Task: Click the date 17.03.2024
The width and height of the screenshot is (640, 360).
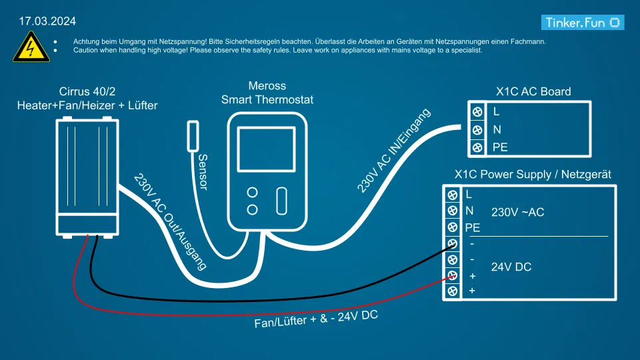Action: click(47, 21)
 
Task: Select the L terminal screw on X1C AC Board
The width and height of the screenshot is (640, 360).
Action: click(477, 111)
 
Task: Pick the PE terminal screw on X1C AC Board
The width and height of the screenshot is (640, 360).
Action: click(477, 147)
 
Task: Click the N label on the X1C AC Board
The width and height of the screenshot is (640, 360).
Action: click(497, 130)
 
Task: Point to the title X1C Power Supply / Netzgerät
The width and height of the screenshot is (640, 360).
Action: click(533, 175)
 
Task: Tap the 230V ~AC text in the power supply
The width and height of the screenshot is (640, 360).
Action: click(518, 213)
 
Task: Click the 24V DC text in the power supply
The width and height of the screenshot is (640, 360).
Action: click(511, 267)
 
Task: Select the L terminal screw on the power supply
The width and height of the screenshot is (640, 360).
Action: click(453, 195)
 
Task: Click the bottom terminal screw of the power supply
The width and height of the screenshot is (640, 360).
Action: click(453, 291)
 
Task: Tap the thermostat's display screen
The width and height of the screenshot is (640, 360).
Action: click(266, 149)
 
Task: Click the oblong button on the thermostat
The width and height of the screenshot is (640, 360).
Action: click(282, 201)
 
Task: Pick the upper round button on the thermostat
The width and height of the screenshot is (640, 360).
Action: click(253, 193)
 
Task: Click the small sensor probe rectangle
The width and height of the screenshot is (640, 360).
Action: click(193, 135)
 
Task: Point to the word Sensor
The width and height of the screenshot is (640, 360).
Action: click(203, 172)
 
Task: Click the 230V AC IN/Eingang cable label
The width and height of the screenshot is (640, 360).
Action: click(394, 151)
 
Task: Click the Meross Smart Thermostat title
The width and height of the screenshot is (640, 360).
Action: click(267, 93)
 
